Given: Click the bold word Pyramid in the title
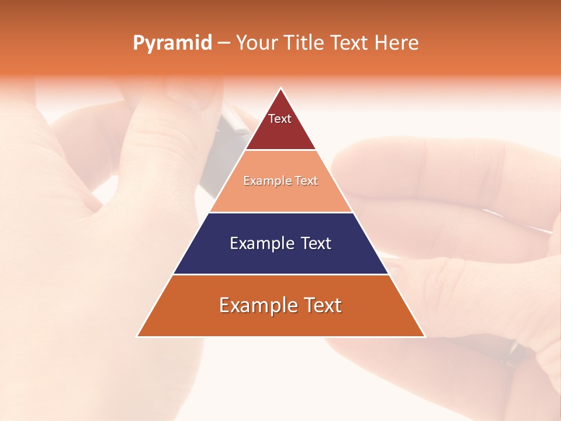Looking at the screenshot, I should pos(172,43).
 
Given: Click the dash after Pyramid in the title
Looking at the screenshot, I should pos(223,43).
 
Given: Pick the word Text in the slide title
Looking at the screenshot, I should pos(349,43).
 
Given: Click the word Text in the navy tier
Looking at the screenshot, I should pos(316,243).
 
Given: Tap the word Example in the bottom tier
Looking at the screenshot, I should pos(257,305).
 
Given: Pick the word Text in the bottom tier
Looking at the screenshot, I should pos(323,305).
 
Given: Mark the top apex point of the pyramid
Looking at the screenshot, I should pos(281,88).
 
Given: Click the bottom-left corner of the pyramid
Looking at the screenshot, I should pos(137,336).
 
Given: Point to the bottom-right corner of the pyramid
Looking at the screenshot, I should pos(425,336).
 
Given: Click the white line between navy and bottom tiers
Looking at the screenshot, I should pos(280,274).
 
